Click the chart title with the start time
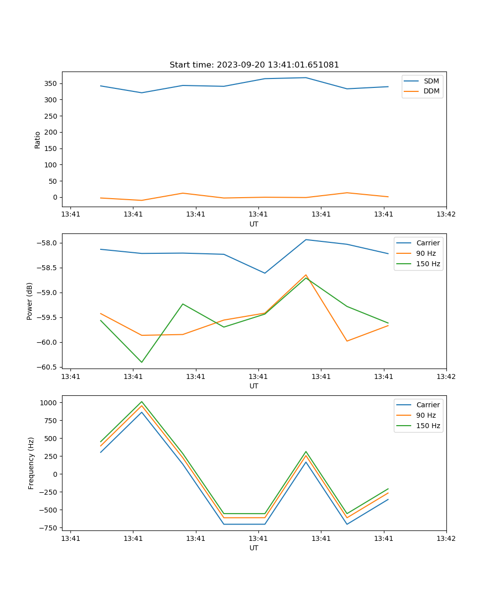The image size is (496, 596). (254, 65)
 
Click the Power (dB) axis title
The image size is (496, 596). (30, 301)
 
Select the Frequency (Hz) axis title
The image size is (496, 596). (31, 463)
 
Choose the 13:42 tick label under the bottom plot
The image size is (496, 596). (446, 538)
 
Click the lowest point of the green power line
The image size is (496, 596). (142, 362)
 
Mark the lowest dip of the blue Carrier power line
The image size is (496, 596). (265, 273)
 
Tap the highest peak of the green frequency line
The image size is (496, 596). (142, 402)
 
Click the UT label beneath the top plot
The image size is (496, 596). (254, 224)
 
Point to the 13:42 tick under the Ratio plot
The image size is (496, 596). (446, 215)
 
